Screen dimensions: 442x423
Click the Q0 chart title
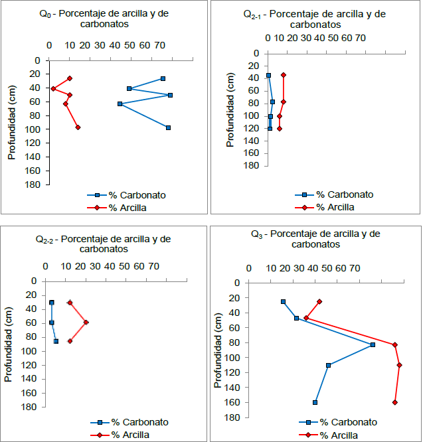coord(108,19)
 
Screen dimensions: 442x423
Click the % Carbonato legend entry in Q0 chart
coord(126,195)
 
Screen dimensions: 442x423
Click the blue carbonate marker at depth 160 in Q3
coord(315,402)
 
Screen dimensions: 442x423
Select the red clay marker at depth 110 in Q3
coord(399,365)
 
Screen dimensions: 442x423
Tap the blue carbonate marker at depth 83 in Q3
coord(373,344)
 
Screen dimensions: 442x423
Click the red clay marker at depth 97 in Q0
coord(78,127)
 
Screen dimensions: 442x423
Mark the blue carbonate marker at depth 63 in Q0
coord(120,104)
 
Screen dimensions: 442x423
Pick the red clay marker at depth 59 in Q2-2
coord(86,323)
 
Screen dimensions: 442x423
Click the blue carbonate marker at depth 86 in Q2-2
coord(56,341)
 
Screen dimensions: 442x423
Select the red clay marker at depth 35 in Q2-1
coord(284,75)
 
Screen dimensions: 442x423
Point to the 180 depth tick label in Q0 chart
coord(35,185)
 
